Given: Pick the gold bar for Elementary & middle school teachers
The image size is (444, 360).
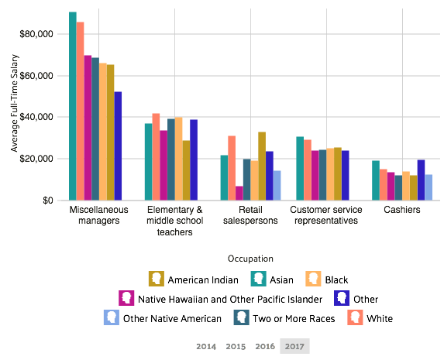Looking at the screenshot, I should [x=186, y=170].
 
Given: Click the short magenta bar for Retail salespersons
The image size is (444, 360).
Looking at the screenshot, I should [x=239, y=193].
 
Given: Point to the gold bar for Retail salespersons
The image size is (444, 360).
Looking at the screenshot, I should [x=262, y=166].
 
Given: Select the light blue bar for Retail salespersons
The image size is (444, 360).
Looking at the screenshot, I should [x=277, y=185].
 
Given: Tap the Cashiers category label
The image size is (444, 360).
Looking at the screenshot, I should [x=401, y=210].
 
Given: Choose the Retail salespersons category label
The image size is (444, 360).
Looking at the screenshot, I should [x=250, y=215].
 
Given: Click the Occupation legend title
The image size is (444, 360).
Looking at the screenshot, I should [x=250, y=259].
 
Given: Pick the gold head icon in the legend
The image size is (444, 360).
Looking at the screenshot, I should [x=156, y=279].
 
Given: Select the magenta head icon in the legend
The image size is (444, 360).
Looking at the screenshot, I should [x=127, y=297].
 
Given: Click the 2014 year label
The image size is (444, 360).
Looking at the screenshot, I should [x=206, y=346].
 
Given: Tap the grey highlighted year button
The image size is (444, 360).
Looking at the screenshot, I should [x=294, y=346].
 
